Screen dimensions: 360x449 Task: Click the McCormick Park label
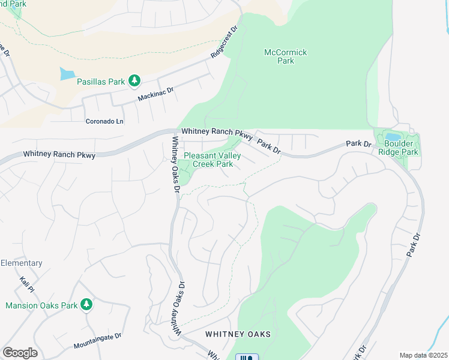coord(286,56)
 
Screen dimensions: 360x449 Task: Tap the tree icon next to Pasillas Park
coord(135,80)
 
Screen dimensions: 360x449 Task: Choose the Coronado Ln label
coord(104,121)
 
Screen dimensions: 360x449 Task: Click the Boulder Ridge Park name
coord(401,148)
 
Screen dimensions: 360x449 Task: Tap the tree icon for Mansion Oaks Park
coord(86,305)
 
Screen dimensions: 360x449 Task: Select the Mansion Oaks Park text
coord(41,305)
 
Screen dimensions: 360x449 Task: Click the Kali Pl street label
coord(25,284)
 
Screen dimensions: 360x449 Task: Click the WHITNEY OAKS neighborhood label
coord(238,334)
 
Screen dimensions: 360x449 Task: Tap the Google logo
coord(20,353)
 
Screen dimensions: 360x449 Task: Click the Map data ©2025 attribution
coord(423,355)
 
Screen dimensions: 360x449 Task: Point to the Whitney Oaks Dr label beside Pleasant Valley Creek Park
coord(176,163)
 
